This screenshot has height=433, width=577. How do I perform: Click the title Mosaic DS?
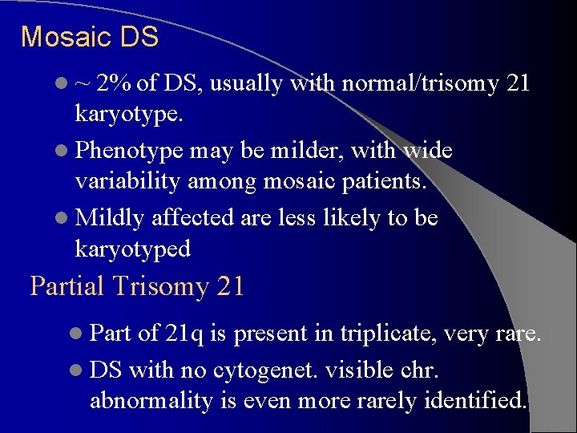pos(90,37)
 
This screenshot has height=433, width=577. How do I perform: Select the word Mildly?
pos(110,218)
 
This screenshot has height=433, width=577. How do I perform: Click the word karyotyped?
pos(133,249)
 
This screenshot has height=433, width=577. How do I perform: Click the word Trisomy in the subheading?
pos(163,287)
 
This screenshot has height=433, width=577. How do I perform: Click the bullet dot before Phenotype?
pos(63,152)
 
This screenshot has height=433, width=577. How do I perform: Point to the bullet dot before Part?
pos(79,334)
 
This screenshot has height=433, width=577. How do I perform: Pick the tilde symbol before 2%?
pos(83,84)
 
